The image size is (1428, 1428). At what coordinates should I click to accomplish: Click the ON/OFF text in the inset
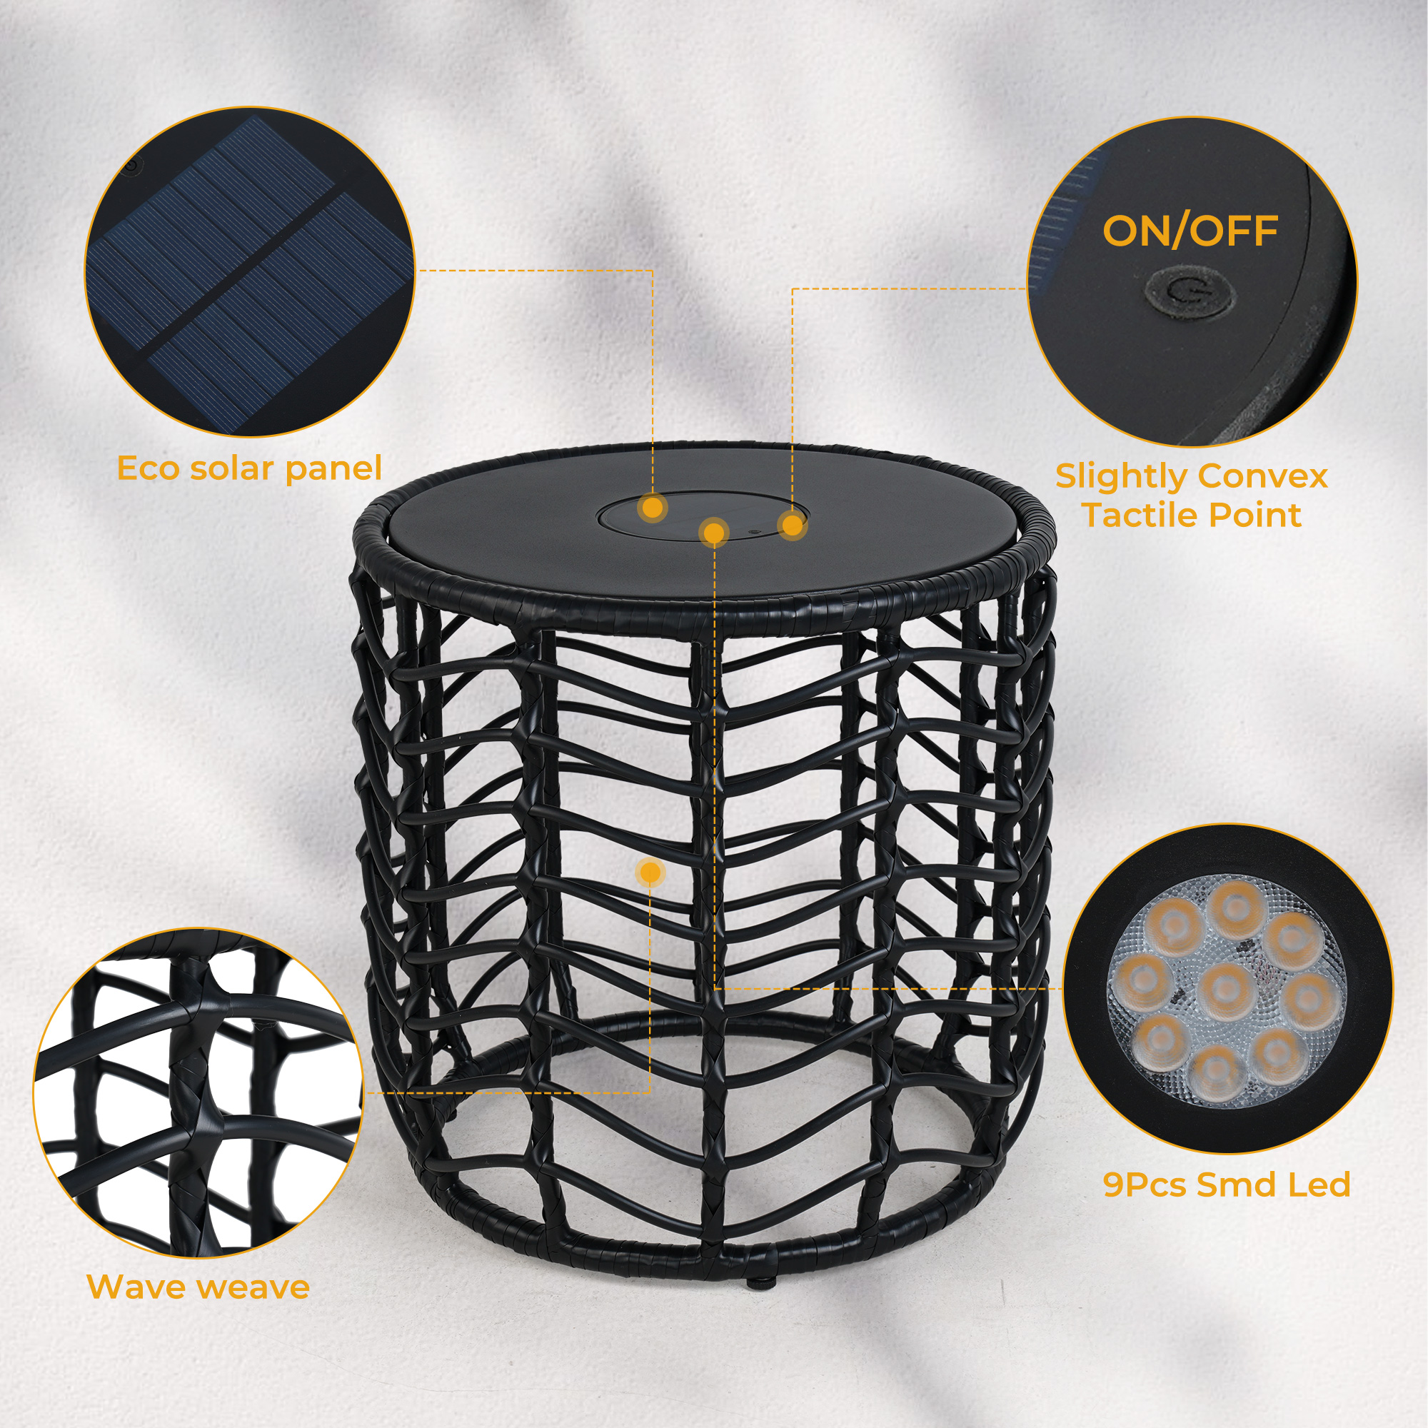coord(1190,231)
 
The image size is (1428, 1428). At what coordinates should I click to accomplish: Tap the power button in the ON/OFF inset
coord(1190,295)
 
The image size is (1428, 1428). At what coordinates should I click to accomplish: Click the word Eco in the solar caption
coord(149,468)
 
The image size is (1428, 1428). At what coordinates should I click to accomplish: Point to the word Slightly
coord(1120,477)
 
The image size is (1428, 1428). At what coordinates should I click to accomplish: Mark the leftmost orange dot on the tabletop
coord(652,508)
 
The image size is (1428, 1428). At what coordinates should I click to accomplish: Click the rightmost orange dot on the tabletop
coord(792,526)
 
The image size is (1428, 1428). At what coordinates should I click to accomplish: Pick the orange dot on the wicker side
coord(650,873)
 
